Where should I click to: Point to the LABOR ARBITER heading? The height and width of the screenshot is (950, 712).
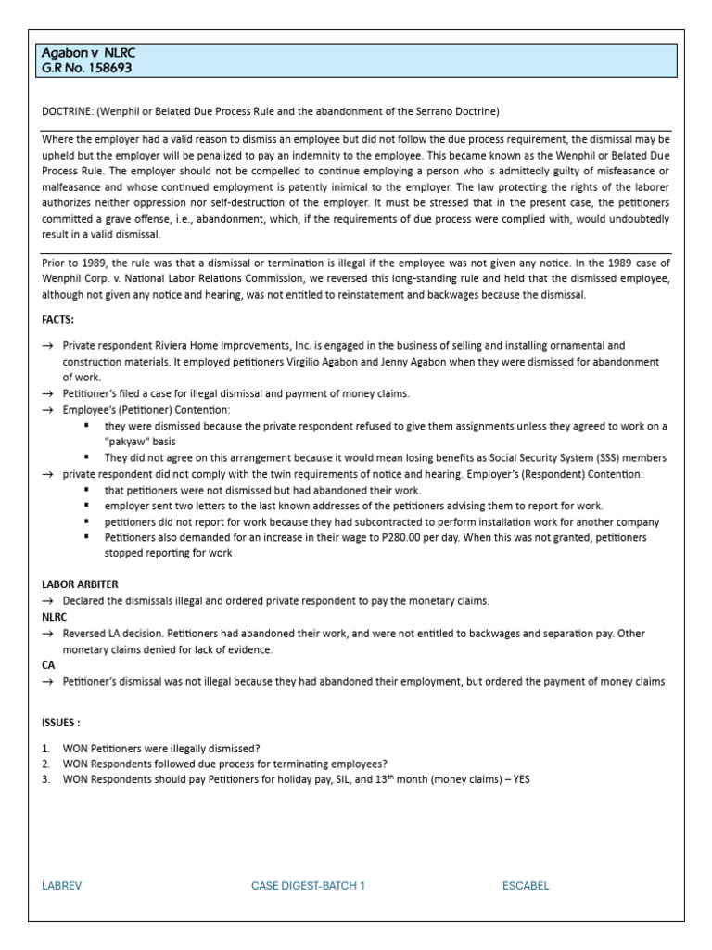pyautogui.click(x=80, y=585)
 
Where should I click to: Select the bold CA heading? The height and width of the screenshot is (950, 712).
pyautogui.click(x=49, y=665)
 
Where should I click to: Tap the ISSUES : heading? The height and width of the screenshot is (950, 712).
pyautogui.click(x=61, y=721)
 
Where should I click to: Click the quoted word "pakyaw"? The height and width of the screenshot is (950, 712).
pyautogui.click(x=128, y=442)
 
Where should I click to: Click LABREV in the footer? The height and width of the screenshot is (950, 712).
pyautogui.click(x=62, y=886)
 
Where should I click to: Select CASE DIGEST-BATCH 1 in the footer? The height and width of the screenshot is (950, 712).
pyautogui.click(x=308, y=886)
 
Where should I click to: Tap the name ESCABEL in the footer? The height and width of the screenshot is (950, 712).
pyautogui.click(x=526, y=886)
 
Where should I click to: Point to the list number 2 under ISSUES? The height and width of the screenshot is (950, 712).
pyautogui.click(x=46, y=764)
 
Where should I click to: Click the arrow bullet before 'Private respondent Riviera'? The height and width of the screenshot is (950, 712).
pyautogui.click(x=48, y=346)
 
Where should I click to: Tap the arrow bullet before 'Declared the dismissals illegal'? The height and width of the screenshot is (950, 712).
pyautogui.click(x=48, y=601)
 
